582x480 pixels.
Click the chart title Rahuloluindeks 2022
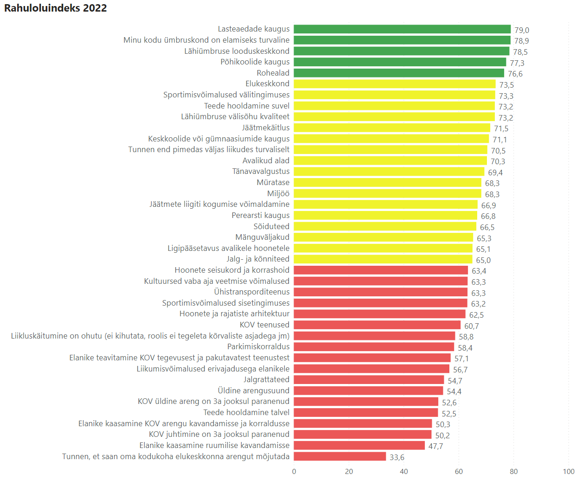tap(56, 8)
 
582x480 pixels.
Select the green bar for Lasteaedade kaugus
tap(402, 29)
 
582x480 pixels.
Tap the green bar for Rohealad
tap(399, 73)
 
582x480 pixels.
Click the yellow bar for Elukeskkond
tap(395, 84)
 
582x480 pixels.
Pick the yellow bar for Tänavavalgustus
tap(389, 172)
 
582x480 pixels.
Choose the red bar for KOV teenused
tap(377, 325)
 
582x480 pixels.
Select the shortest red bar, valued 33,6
tap(340, 456)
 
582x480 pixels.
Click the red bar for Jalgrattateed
tap(369, 380)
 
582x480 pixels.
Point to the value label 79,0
tap(522, 30)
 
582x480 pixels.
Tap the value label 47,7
tap(435, 446)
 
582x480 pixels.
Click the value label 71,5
tap(501, 129)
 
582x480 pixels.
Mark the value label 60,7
tap(472, 326)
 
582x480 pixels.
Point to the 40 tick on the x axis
tap(403, 471)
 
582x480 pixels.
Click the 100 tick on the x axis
tap(569, 471)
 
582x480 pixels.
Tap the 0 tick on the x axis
tap(294, 471)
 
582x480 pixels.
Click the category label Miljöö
tap(278, 193)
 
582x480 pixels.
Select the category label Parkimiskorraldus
tap(258, 346)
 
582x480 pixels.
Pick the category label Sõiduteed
tap(271, 226)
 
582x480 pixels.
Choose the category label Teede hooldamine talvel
tap(246, 412)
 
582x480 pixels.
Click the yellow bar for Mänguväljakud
tap(384, 237)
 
